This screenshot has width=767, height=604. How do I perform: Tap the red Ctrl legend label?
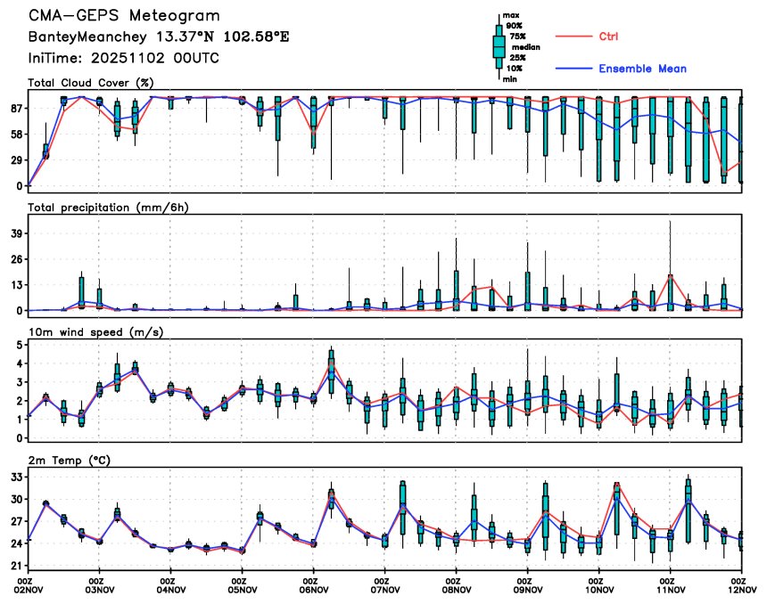click(608, 37)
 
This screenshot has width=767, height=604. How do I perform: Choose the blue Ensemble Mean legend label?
click(642, 69)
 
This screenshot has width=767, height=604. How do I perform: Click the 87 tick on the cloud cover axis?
click(17, 108)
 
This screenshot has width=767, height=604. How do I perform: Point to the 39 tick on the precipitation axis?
click(17, 233)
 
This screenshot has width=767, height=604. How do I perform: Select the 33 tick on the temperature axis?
click(17, 477)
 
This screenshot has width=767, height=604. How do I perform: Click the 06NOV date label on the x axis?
click(314, 589)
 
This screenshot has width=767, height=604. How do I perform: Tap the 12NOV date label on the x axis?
click(742, 589)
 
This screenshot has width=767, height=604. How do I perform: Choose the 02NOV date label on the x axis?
click(29, 589)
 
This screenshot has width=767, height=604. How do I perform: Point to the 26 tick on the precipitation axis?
click(17, 258)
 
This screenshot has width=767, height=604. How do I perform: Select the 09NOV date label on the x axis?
click(528, 589)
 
